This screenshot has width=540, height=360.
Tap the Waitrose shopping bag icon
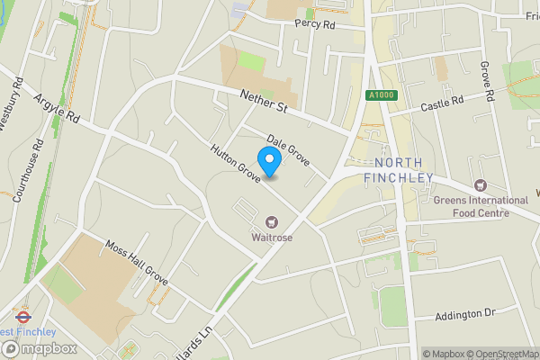point(271,221)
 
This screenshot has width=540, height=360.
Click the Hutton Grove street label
point(236,165)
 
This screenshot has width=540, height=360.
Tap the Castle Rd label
point(442,104)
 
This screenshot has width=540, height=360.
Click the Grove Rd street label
point(487,81)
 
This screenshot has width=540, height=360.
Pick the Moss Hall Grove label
point(136,260)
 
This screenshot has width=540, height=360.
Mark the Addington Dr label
point(465,313)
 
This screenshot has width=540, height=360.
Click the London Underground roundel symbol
point(21,316)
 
